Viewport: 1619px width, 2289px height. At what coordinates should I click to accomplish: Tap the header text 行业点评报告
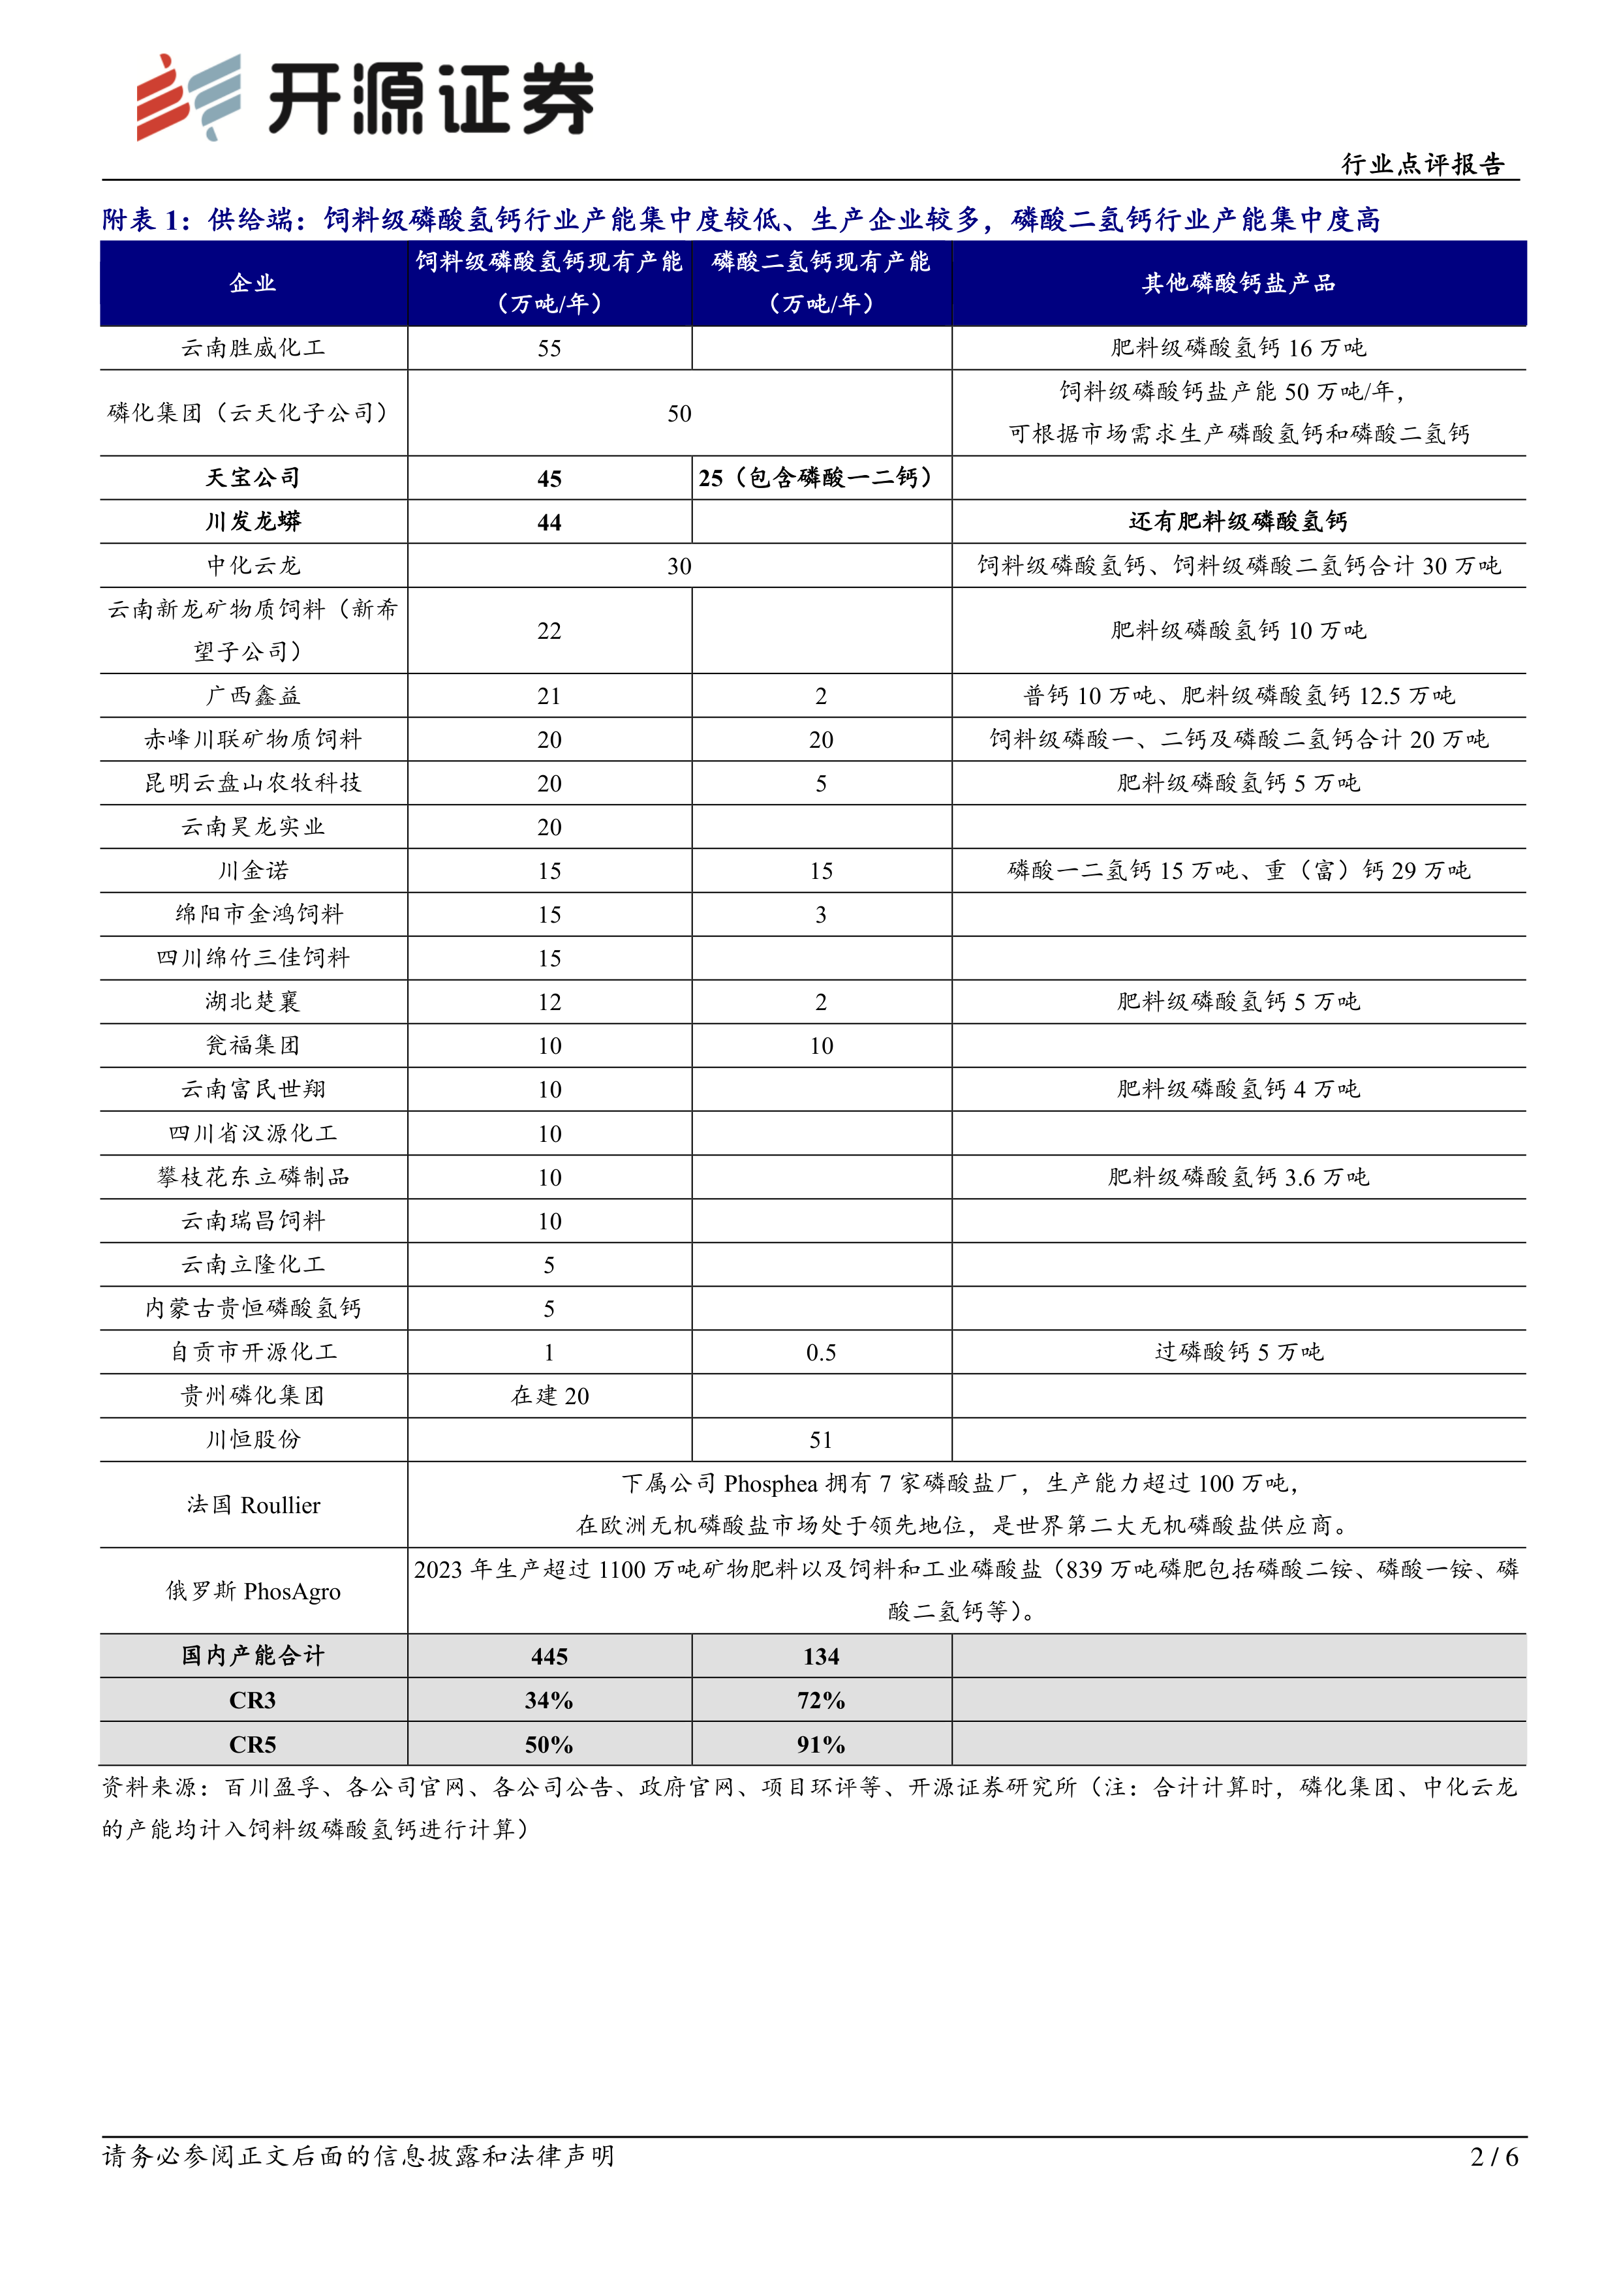coord(1422,164)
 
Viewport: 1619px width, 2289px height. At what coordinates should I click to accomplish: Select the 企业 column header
coord(253,283)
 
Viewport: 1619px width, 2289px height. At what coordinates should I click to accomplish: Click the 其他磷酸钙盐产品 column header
coord(1238,283)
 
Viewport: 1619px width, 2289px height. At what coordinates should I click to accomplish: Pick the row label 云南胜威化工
coord(253,348)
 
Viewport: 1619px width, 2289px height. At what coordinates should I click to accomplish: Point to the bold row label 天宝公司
coord(253,478)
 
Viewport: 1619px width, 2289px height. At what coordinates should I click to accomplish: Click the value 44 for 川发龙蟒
coord(549,523)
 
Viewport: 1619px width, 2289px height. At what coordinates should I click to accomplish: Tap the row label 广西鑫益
coord(253,696)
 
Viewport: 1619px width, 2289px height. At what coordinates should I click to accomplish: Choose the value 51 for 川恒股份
coord(820,1439)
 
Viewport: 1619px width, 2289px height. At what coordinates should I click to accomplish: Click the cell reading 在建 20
coord(549,1396)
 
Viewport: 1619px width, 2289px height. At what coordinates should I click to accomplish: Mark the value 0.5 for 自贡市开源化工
coord(820,1353)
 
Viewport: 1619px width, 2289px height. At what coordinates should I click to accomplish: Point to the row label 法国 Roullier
coord(253,1505)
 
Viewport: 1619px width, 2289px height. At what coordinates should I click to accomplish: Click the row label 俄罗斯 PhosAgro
coord(253,1591)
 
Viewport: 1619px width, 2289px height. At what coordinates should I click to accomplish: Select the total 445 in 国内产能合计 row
coord(549,1657)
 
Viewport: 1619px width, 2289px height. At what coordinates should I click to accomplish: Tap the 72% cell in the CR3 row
coord(820,1701)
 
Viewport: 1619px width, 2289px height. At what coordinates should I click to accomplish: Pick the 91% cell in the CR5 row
coord(820,1745)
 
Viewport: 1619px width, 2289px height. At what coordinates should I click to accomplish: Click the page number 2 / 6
coord(1494,2157)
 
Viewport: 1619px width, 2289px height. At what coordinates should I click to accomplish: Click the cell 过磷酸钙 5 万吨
coord(1238,1352)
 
